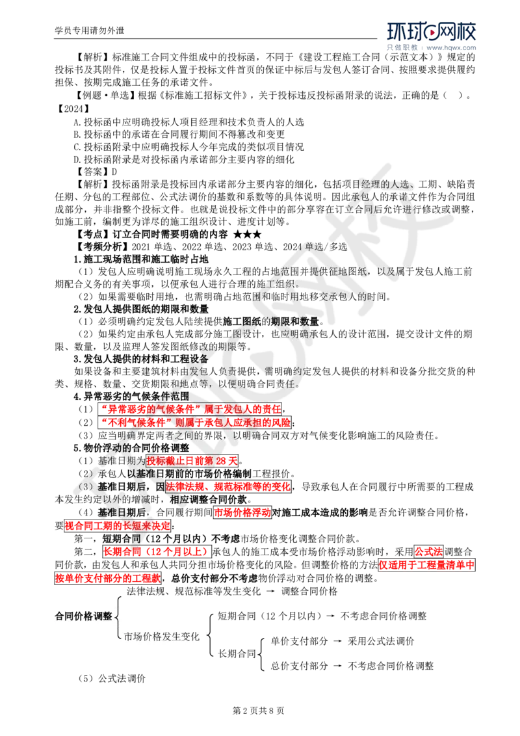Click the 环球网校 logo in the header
point(432,31)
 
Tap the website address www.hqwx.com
point(451,47)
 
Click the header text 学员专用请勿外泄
point(90,31)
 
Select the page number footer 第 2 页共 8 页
point(259,711)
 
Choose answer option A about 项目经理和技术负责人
point(189,122)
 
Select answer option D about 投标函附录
point(185,159)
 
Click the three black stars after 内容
point(248,234)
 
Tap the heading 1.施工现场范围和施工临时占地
point(141,259)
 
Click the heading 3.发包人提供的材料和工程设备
point(141,359)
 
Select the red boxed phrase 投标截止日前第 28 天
point(192,461)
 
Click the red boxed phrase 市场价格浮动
point(242,512)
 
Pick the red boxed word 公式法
point(428,551)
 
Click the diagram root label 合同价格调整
point(84,616)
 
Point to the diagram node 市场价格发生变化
point(162,637)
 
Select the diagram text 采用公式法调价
point(381,641)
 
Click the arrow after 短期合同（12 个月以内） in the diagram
point(331,616)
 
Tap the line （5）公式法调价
point(112,679)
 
